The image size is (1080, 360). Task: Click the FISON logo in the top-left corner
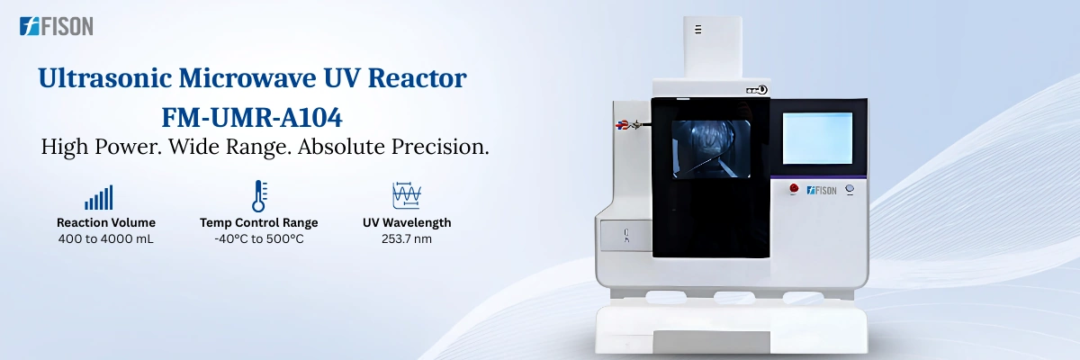tap(56, 27)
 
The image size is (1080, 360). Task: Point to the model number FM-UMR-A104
tap(252, 117)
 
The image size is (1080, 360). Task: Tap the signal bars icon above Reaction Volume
tap(99, 198)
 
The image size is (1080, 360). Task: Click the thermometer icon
tap(259, 196)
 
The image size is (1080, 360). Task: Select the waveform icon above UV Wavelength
tap(407, 196)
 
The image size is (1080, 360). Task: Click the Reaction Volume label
tap(106, 222)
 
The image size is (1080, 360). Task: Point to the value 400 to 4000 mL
tap(106, 238)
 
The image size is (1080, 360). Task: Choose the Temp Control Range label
tap(259, 222)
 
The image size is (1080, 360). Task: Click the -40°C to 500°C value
tap(259, 238)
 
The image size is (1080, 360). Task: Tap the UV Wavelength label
tap(407, 222)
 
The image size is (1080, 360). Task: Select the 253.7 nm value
tap(407, 238)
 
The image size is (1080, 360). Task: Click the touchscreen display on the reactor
tap(817, 138)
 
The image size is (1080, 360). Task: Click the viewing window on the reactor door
tap(711, 148)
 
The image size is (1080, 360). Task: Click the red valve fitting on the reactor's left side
tap(621, 126)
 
